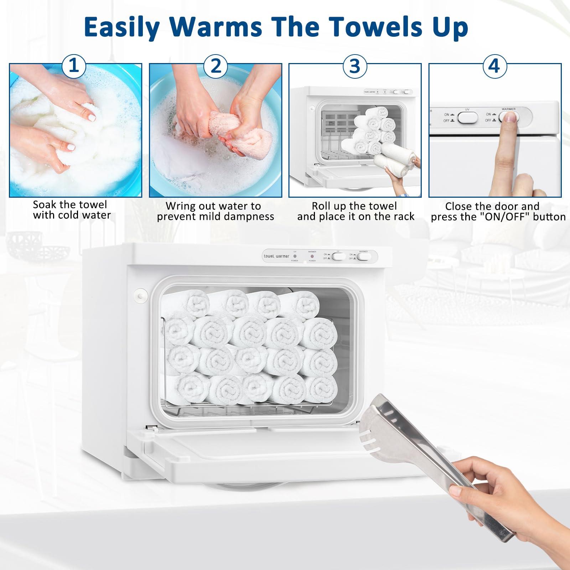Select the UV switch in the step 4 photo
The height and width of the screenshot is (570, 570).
[467, 118]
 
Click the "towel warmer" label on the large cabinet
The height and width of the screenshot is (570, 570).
[276, 256]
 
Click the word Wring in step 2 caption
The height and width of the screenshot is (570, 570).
[180, 206]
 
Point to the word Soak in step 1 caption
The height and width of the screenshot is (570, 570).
[46, 205]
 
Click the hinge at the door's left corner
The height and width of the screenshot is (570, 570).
[151, 429]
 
